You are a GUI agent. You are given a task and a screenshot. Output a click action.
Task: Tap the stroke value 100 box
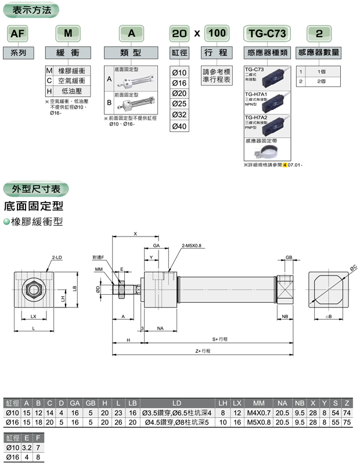[217, 33]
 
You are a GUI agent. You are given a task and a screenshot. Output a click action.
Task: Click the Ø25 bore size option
[179, 104]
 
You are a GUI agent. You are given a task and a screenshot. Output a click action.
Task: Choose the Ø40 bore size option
[179, 126]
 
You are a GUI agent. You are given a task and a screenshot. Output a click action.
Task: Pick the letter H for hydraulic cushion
[49, 91]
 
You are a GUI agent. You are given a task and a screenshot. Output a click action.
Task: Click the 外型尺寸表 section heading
[36, 188]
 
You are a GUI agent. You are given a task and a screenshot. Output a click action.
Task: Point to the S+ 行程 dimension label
[220, 338]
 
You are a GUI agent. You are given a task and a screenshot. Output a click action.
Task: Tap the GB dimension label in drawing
[289, 257]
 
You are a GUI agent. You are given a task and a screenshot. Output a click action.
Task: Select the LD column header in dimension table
[178, 402]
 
